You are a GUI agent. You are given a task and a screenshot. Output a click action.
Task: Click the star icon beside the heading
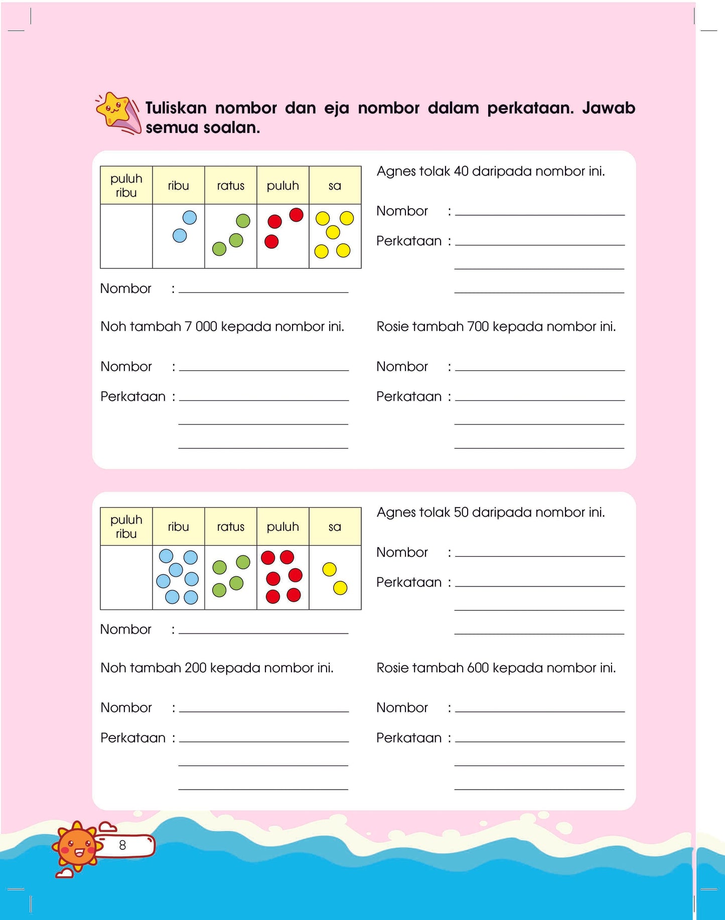pos(114,109)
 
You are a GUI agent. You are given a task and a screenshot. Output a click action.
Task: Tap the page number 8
pos(122,845)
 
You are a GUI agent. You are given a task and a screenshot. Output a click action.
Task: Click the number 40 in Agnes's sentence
pos(461,172)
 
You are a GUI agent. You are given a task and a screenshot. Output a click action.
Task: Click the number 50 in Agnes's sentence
pos(461,513)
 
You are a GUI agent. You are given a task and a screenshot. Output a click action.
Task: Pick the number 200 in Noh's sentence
pos(195,668)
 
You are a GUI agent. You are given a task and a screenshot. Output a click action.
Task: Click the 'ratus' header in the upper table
pos(230,186)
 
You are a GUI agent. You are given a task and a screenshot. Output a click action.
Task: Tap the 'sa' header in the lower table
pos(335,527)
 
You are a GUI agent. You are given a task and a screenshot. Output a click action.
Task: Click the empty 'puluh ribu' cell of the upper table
pos(126,236)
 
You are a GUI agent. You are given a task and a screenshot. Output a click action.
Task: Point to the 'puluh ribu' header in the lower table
pos(126,527)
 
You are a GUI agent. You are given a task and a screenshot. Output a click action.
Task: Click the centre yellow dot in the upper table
pos(333,232)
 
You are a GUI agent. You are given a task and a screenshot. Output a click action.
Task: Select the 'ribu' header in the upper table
pos(178,186)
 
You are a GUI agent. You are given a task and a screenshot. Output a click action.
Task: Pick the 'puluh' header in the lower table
pos(282,527)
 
